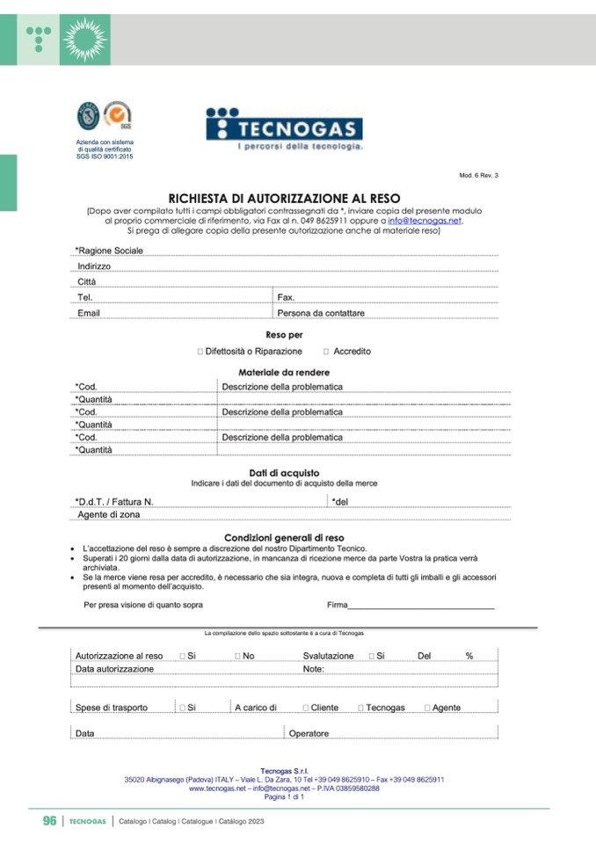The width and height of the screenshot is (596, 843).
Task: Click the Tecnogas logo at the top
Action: click(284, 128)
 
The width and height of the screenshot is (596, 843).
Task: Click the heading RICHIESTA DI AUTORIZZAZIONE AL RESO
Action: click(284, 199)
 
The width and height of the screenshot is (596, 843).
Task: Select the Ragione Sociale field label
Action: click(109, 251)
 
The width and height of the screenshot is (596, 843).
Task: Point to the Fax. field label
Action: click(286, 298)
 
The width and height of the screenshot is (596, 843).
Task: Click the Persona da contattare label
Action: click(320, 313)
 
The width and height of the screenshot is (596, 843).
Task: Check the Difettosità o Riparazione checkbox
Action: click(200, 352)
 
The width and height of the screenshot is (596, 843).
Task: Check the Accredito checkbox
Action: click(326, 352)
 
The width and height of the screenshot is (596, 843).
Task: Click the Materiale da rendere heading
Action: click(284, 373)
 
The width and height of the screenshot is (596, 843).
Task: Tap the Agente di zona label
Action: click(108, 515)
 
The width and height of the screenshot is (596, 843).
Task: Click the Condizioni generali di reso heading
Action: click(284, 537)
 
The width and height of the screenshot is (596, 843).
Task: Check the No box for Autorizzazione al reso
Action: click(238, 656)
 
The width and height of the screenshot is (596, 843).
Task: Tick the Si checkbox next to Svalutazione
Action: click(372, 656)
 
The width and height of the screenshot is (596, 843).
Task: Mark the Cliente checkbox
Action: click(305, 708)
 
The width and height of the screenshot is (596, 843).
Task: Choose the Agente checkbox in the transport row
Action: click(427, 708)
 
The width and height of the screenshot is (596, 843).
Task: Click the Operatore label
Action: click(309, 733)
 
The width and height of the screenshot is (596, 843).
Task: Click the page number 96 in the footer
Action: click(50, 821)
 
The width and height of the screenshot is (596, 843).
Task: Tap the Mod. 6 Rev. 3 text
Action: click(478, 176)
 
